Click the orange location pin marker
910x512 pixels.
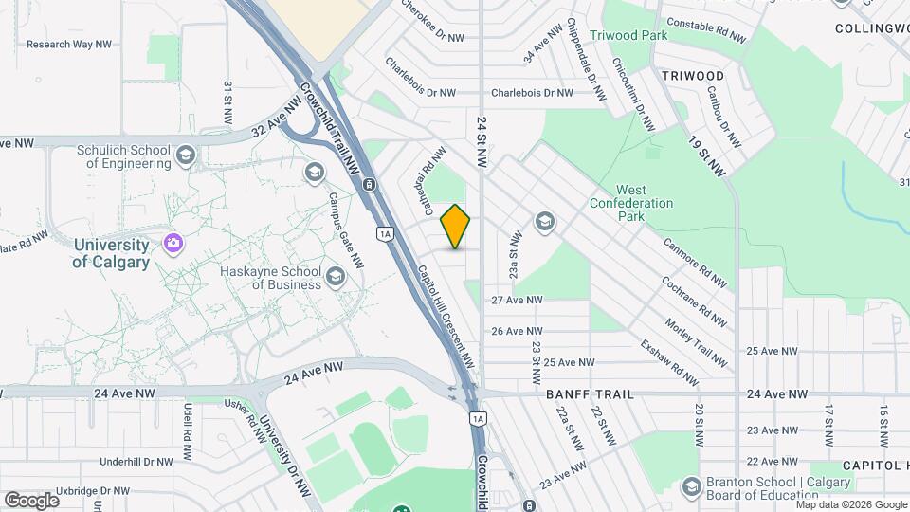(x=456, y=226)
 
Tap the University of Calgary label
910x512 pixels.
(x=111, y=253)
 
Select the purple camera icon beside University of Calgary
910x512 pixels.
(x=173, y=244)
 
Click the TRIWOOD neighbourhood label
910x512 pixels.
(x=692, y=75)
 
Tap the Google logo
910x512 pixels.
(x=31, y=500)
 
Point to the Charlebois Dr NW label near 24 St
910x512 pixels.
(x=532, y=93)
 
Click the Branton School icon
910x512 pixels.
(x=691, y=485)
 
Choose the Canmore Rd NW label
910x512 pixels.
(x=696, y=264)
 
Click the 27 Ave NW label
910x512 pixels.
(x=517, y=300)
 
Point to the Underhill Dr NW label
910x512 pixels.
(x=137, y=462)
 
